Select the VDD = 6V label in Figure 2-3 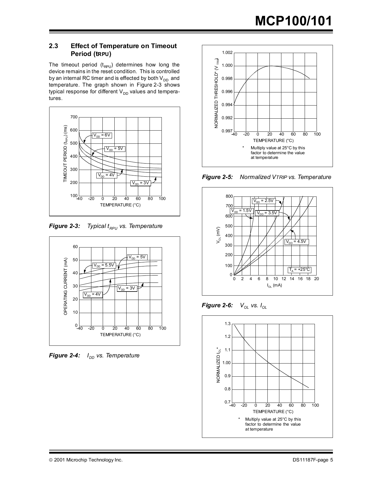pyautogui.click(x=102, y=135)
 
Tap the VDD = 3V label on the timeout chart pyautogui.click(x=140, y=183)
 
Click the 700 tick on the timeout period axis pyautogui.click(x=74, y=117)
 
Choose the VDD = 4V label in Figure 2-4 pyautogui.click(x=93, y=294)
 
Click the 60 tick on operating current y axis pyautogui.click(x=75, y=247)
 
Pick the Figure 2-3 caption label pyautogui.click(x=64, y=226)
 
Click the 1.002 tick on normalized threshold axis pyautogui.click(x=227, y=52)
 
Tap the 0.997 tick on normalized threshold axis pyautogui.click(x=227, y=131)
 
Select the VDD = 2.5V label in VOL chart pyautogui.click(x=263, y=201)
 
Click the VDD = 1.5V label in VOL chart pyautogui.click(x=242, y=211)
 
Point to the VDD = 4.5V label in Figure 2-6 pyautogui.click(x=296, y=242)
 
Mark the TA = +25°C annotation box pyautogui.click(x=299, y=270)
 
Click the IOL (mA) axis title pyautogui.click(x=274, y=285)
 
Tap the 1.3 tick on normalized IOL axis pyautogui.click(x=228, y=324)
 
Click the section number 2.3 pyautogui.click(x=54, y=46)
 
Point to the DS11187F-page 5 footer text pyautogui.click(x=313, y=460)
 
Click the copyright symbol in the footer pyautogui.click(x=51, y=460)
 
